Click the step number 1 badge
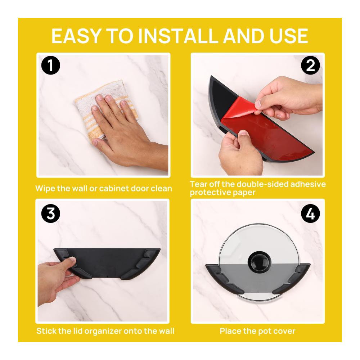pyautogui.click(x=51, y=66)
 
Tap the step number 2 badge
pyautogui.click(x=310, y=66)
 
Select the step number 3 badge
pyautogui.click(x=51, y=213)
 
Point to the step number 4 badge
pyautogui.click(x=310, y=213)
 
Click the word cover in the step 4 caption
pyautogui.click(x=284, y=331)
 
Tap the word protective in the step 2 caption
pyautogui.click(x=210, y=192)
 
